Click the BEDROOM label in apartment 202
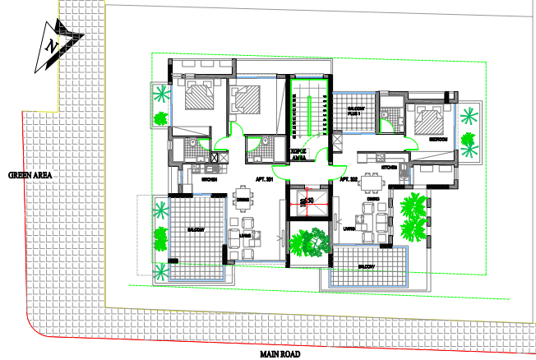click(437, 140)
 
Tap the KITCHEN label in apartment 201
click(209, 178)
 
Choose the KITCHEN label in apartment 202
click(389, 167)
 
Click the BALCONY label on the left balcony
click(196, 229)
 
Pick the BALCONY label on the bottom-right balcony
click(367, 267)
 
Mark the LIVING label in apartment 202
click(349, 229)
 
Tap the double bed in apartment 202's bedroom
click(429, 121)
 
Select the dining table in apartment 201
click(243, 187)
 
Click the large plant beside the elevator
click(308, 244)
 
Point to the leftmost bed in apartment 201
click(200, 99)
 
